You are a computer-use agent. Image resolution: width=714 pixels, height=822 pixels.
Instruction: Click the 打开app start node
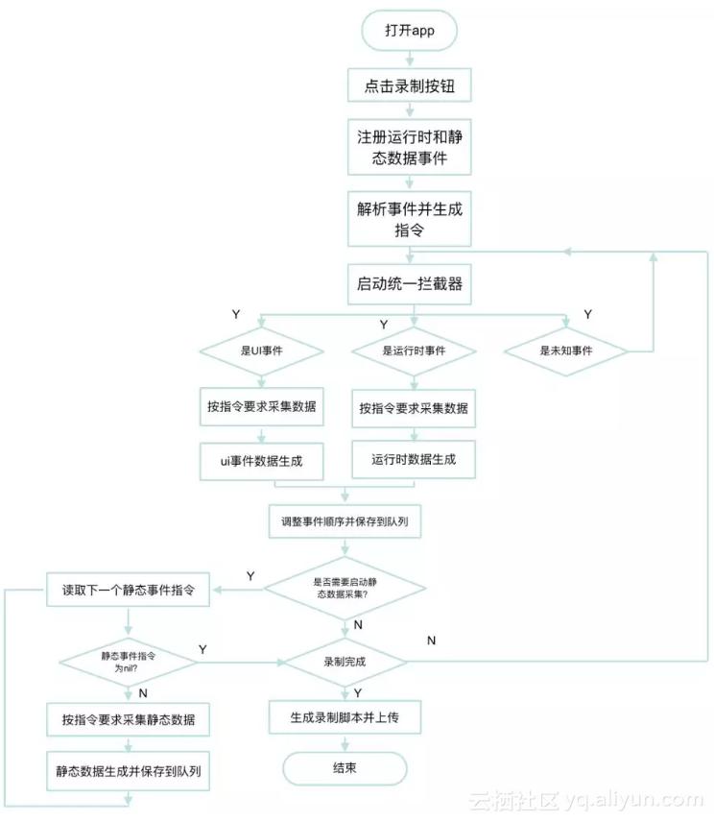click(410, 31)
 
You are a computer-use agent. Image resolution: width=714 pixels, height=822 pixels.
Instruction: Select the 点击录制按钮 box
click(410, 85)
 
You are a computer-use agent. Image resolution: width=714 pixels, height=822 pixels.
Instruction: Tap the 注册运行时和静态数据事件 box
click(410, 147)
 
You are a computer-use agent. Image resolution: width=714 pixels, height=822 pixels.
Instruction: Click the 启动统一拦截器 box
click(410, 284)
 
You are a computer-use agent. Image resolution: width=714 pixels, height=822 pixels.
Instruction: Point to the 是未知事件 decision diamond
click(567, 351)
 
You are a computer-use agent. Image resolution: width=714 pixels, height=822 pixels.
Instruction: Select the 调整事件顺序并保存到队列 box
click(345, 523)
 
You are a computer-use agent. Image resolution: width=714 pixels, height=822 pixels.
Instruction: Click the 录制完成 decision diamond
click(345, 662)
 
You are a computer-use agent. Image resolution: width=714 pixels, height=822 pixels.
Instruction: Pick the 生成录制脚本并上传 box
click(345, 717)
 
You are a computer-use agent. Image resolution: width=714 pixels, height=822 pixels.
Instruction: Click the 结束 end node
click(345, 769)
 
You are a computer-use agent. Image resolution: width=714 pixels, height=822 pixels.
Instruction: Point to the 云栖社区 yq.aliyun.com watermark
click(585, 799)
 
